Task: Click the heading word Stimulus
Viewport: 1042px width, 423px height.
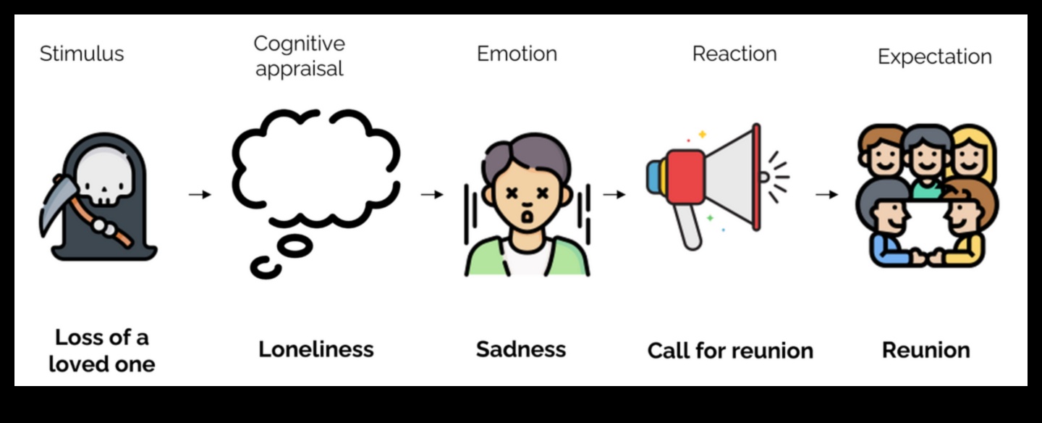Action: click(81, 54)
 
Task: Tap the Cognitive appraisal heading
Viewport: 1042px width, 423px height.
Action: click(299, 56)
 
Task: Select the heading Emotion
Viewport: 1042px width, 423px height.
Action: click(517, 54)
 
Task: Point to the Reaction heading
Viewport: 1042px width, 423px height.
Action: click(734, 54)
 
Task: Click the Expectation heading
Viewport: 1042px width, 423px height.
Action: click(934, 56)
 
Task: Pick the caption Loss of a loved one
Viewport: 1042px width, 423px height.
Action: click(101, 350)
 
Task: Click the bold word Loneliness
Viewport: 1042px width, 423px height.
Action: click(316, 349)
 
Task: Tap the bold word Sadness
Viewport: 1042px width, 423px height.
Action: click(521, 349)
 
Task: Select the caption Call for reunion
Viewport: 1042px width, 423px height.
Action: click(730, 351)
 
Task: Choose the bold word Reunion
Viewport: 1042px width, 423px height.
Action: click(925, 350)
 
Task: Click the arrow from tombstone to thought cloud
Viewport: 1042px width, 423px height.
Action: click(200, 194)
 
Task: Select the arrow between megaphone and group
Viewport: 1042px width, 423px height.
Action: click(826, 194)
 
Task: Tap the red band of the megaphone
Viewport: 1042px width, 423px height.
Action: click(685, 177)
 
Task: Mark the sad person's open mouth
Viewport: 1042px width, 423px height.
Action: click(528, 215)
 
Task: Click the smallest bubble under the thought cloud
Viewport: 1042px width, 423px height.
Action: click(266, 267)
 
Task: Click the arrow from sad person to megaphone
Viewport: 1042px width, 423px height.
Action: click(614, 194)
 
